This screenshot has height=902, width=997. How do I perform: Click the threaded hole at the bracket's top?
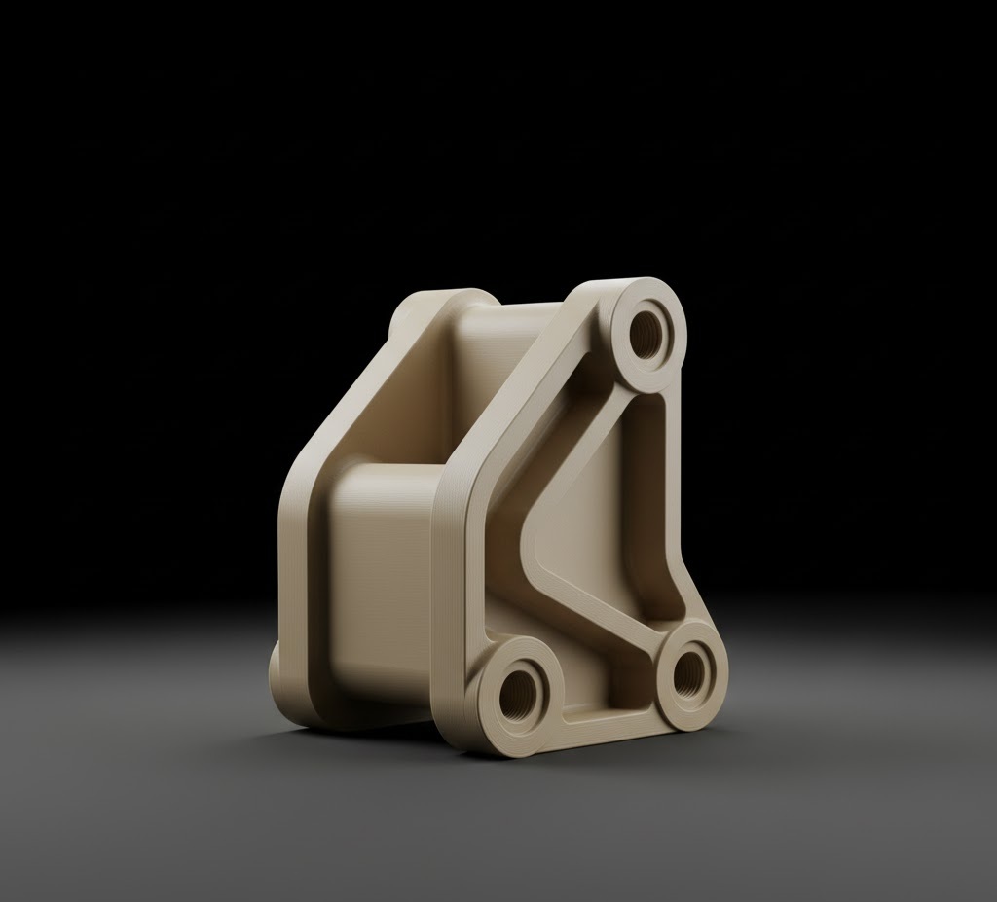646,334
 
